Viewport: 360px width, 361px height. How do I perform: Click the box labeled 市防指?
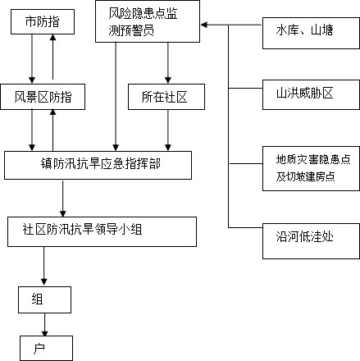coord(43,22)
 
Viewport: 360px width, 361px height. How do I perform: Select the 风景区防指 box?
coord(43,97)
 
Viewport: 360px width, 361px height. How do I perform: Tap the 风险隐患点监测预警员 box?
coord(148,21)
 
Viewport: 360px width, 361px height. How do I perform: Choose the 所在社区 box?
coord(166,97)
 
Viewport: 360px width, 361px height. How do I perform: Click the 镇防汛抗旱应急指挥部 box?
coord(98,165)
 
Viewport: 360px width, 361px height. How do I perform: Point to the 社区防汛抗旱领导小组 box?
coord(102,231)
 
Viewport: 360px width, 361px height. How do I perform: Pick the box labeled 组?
coord(45,299)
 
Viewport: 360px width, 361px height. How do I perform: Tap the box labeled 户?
coord(46,348)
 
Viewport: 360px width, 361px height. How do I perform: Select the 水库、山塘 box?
coord(311,33)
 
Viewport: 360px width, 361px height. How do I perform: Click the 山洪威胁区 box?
coord(311,94)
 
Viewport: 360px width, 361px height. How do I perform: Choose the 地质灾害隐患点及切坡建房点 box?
coord(311,168)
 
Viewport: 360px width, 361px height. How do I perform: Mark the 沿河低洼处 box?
coord(311,241)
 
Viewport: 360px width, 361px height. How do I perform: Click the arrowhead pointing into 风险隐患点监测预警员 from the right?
coord(204,25)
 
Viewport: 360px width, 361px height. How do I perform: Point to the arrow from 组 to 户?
coord(45,325)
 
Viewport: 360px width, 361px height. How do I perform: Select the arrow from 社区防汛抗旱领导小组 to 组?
coord(44,266)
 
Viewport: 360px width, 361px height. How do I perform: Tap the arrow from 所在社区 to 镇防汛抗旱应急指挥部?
coord(168,130)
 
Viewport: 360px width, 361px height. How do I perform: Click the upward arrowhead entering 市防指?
coord(53,38)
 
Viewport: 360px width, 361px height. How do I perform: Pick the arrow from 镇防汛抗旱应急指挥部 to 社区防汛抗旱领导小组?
coord(63,199)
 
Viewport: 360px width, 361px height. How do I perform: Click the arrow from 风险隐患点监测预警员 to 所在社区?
coord(168,63)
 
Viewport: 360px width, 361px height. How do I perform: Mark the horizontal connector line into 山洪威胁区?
coord(245,89)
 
